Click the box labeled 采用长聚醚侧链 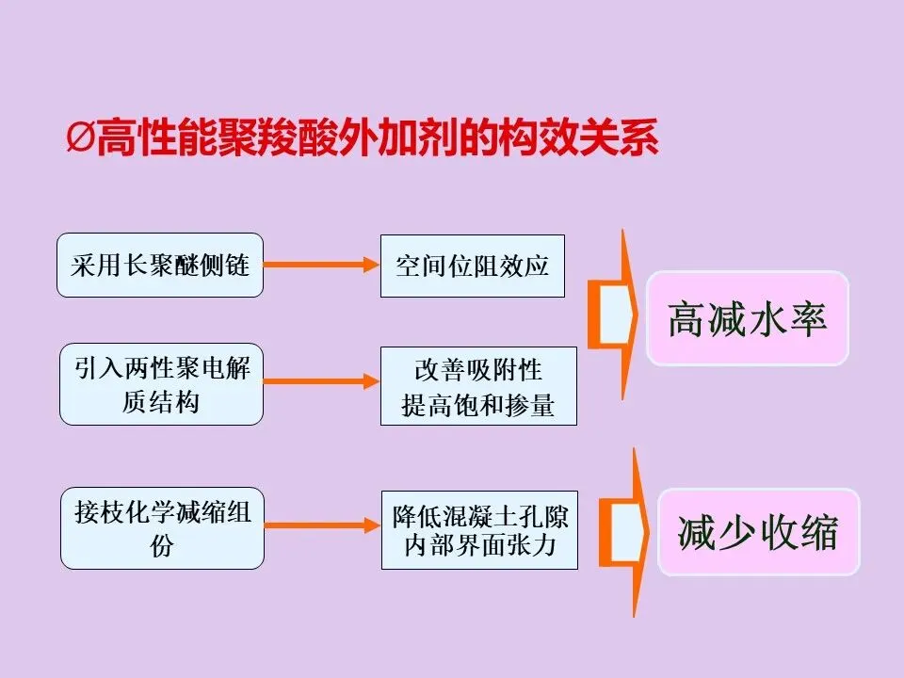pos(160,266)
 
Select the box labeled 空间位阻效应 pos(473,266)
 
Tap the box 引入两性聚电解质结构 pos(161,384)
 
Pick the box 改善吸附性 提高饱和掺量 pos(478,385)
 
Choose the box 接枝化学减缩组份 pos(162,528)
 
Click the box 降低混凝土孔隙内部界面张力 pos(479,529)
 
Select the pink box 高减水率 pos(747,319)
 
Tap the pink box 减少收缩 pos(758,532)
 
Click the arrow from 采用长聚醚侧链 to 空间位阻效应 pos(321,266)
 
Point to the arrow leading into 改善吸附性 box pos(321,381)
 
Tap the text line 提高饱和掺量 pos(478,405)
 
